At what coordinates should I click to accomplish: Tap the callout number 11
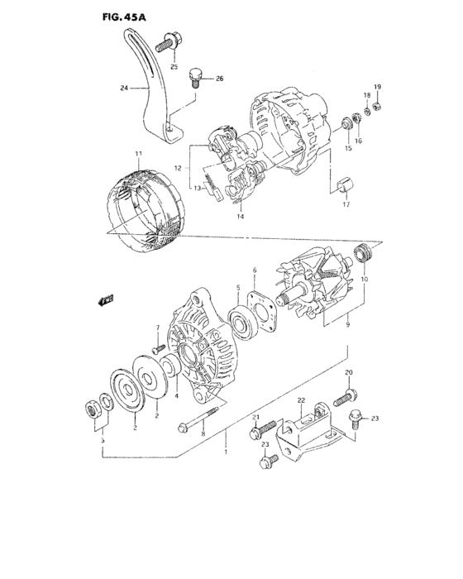[139, 154]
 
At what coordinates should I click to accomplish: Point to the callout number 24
[123, 87]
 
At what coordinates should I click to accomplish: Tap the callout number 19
[377, 87]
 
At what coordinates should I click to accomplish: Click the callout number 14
[241, 216]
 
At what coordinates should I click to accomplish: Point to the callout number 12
[178, 168]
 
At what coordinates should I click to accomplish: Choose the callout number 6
[254, 269]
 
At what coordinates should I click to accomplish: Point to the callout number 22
[301, 401]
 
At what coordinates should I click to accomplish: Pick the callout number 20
[348, 373]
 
